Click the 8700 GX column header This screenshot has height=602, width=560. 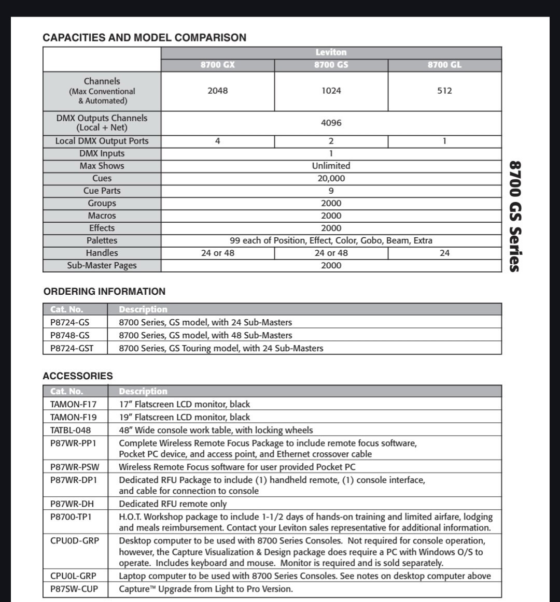pyautogui.click(x=217, y=65)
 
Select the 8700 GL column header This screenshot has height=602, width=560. pyautogui.click(x=444, y=65)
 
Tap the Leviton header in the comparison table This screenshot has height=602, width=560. pyautogui.click(x=331, y=52)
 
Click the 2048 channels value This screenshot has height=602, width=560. pyautogui.click(x=217, y=91)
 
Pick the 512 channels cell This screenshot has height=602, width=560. pyautogui.click(x=444, y=91)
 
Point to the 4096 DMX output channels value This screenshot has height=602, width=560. pyautogui.click(x=331, y=123)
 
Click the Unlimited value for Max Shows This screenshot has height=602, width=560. pyautogui.click(x=331, y=166)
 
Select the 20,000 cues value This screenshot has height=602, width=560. pyautogui.click(x=331, y=178)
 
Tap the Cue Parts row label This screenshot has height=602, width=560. pyautogui.click(x=102, y=191)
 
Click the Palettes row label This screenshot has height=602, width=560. pyautogui.click(x=102, y=240)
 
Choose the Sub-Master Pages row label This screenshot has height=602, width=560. pyautogui.click(x=102, y=265)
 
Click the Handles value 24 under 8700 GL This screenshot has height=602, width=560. pyautogui.click(x=444, y=253)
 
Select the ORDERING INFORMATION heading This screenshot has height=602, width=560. pyautogui.click(x=104, y=292)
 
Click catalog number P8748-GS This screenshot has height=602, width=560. pyautogui.click(x=69, y=335)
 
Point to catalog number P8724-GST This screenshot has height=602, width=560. pyautogui.click(x=72, y=348)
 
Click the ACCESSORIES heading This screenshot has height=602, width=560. pyautogui.click(x=78, y=376)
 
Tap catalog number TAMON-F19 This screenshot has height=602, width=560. pyautogui.click(x=73, y=417)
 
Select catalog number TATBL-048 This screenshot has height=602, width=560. pyautogui.click(x=71, y=430)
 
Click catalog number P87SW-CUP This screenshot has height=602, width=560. pyautogui.click(x=74, y=589)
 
